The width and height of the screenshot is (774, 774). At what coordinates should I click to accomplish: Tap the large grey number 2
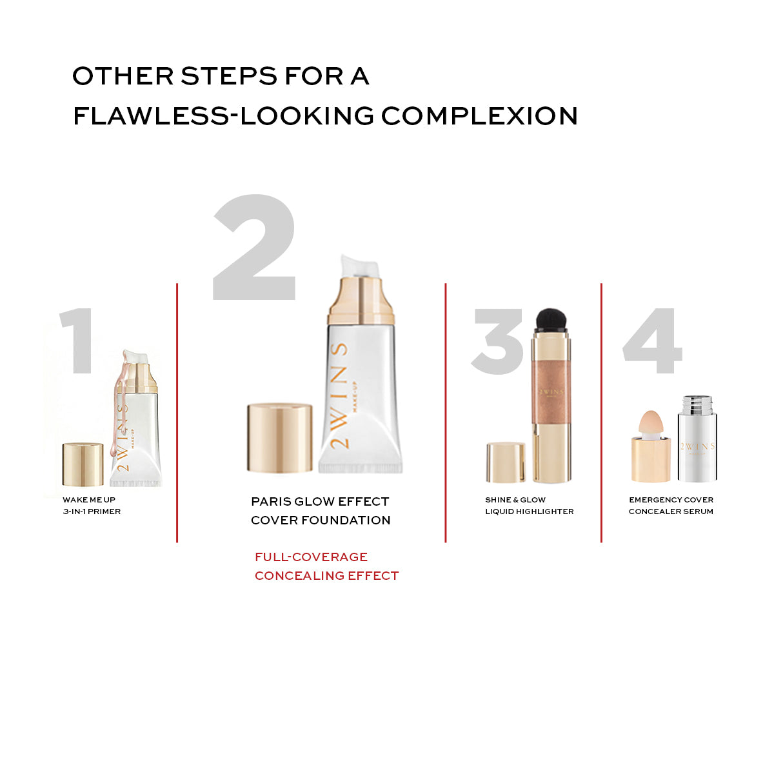click(255, 246)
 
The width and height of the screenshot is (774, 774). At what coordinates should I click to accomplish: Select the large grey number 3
click(498, 341)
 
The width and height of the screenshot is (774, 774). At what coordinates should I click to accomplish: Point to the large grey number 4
click(652, 341)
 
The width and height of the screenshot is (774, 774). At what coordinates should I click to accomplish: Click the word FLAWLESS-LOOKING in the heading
click(223, 116)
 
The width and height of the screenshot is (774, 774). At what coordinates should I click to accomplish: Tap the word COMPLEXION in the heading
click(479, 116)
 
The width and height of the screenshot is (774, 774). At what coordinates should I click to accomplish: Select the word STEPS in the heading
click(229, 76)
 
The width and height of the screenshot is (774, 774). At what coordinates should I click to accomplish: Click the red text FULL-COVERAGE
click(312, 557)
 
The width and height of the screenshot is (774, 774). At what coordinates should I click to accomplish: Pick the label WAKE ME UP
click(89, 500)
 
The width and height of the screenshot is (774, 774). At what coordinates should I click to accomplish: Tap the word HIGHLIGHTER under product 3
click(542, 511)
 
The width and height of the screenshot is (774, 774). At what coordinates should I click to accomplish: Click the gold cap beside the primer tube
click(83, 464)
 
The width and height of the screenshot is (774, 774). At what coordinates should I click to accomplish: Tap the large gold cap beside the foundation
click(279, 437)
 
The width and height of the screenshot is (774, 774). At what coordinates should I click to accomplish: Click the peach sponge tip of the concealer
click(650, 425)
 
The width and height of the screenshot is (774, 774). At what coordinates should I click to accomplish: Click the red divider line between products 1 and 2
click(177, 413)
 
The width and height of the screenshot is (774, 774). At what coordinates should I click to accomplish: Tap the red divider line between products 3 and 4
click(601, 413)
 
